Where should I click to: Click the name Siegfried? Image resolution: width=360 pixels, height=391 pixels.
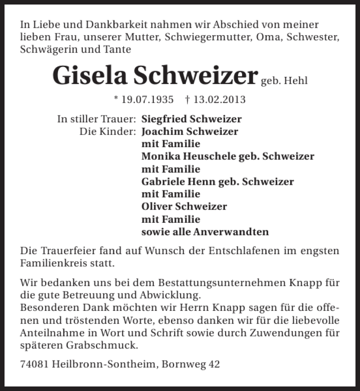[164, 119]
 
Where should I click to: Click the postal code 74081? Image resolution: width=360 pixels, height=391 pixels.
[35, 364]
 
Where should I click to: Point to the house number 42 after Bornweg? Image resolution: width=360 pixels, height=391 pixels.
[214, 364]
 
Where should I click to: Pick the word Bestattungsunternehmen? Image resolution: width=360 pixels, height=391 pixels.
[218, 283]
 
